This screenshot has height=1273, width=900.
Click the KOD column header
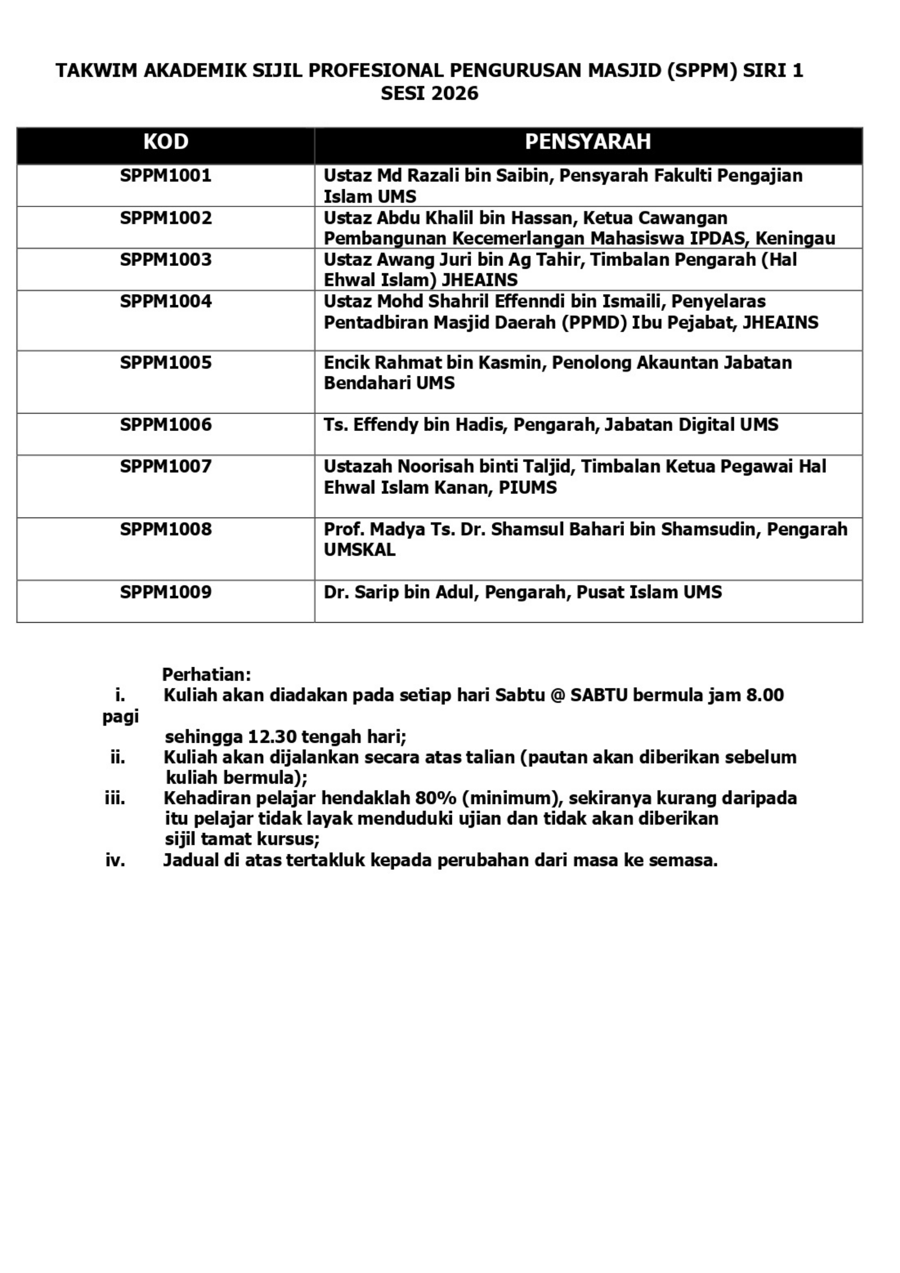[x=166, y=142]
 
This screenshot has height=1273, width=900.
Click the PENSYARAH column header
[x=588, y=142]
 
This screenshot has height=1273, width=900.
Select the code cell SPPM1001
[x=166, y=175]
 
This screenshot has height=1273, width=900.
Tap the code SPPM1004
[x=166, y=301]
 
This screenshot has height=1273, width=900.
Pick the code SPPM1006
[x=166, y=425]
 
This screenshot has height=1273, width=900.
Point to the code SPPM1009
[x=166, y=592]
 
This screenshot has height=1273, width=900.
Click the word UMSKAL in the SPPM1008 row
[x=360, y=550]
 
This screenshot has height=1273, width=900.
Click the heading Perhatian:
[x=206, y=675]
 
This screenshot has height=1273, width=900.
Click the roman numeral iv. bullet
[x=115, y=861]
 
